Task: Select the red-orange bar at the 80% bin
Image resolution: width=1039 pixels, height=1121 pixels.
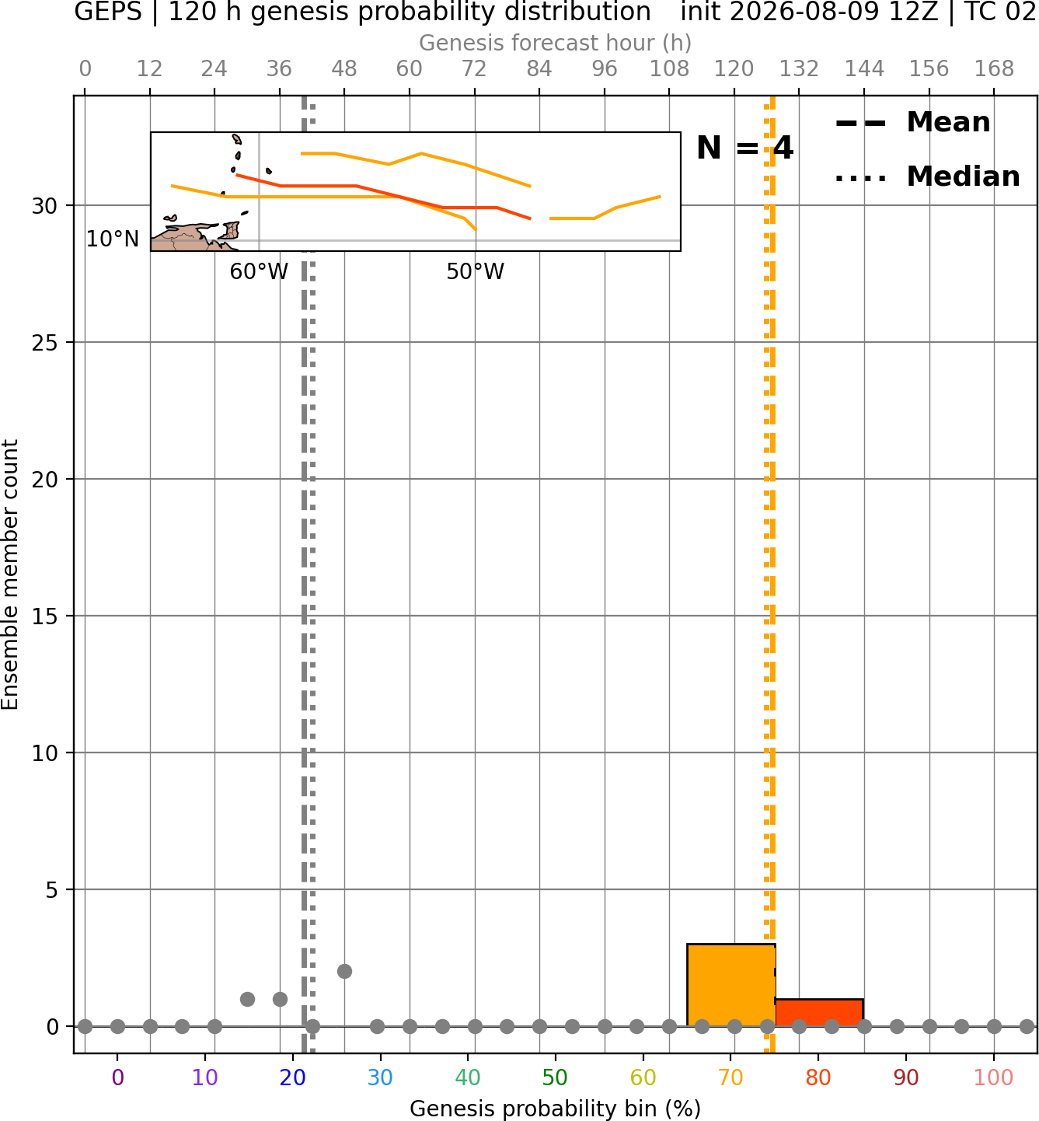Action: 819,1012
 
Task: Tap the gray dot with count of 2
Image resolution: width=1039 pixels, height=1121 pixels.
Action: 344,971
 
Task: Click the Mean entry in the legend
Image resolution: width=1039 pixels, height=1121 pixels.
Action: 912,122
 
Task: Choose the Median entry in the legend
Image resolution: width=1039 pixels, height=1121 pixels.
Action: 927,176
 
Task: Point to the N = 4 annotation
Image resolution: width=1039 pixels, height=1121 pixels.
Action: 744,148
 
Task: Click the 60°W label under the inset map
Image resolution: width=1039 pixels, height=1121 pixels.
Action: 259,271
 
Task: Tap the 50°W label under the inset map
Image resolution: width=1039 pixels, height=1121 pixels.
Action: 475,271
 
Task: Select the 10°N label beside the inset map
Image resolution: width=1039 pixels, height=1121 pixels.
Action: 113,239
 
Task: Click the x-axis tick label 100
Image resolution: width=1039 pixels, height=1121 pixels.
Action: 993,1077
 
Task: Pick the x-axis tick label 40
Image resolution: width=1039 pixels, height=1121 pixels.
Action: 467,1077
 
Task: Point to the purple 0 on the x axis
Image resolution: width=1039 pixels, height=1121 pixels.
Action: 117,1077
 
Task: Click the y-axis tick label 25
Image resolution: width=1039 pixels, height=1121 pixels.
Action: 44,343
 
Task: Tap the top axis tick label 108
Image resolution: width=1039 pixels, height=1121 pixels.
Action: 669,68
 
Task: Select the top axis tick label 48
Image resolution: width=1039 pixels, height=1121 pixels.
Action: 344,68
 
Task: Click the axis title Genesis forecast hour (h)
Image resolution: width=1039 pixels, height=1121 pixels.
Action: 556,42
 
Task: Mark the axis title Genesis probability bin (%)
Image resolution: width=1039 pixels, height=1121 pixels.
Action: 556,1109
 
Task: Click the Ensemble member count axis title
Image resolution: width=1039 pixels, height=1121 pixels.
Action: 10,574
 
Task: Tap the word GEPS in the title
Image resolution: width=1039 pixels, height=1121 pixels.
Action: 108,12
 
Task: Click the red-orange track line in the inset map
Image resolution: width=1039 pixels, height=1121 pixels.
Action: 384,193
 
